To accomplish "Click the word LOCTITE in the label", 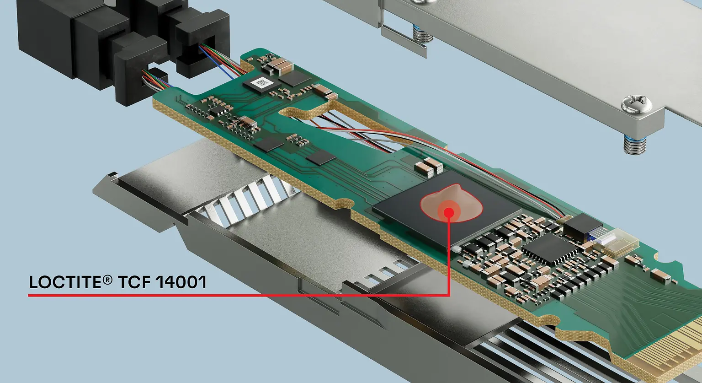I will point(64,282).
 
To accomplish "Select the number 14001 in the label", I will point(181,282).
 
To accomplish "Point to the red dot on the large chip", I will point(448,212).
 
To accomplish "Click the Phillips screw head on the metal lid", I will point(637,104).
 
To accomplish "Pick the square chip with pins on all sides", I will point(548,247).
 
